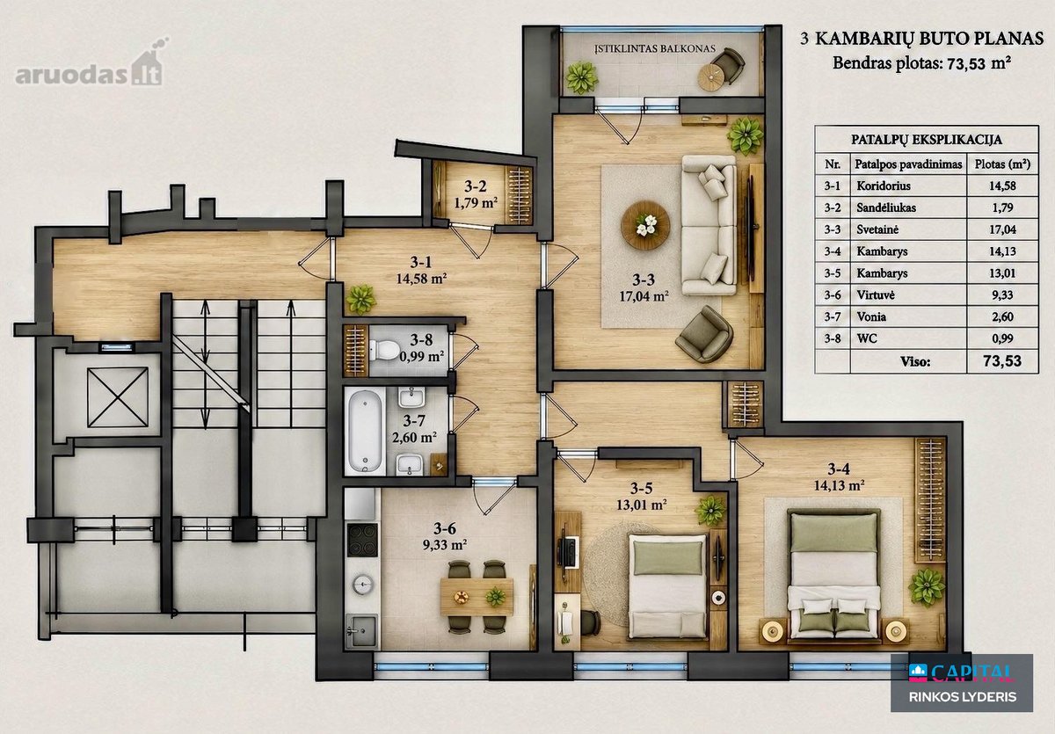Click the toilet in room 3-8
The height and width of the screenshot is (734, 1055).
[x=384, y=350]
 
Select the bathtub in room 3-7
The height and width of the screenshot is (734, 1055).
[x=365, y=432]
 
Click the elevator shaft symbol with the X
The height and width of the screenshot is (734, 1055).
[x=118, y=398]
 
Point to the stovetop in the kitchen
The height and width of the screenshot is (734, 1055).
[x=362, y=540]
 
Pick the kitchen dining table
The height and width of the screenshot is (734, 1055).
[x=477, y=597]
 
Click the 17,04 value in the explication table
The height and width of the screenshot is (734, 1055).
[x=1002, y=229]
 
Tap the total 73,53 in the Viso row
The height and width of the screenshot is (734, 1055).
[x=1001, y=360]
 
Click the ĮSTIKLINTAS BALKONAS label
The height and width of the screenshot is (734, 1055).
[x=655, y=48]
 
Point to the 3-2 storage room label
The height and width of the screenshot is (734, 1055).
[x=476, y=186]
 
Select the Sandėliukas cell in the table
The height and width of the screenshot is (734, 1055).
[x=886, y=207]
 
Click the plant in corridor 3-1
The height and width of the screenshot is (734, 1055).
[x=361, y=299]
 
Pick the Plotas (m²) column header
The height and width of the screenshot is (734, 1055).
[x=1002, y=164]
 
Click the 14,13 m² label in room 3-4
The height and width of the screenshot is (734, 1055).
[x=839, y=485]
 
